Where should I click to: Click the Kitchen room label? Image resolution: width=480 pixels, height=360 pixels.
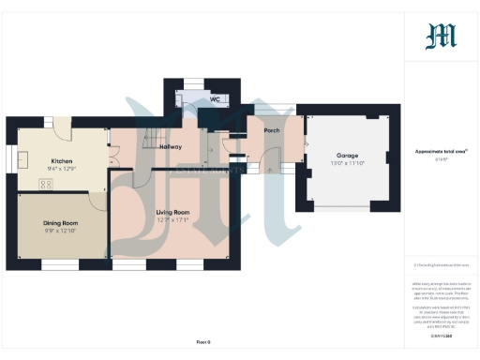coord(63,161)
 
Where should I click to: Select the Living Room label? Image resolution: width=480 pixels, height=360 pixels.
coord(173,213)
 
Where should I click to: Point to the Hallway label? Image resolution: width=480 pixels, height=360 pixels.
coord(171,147)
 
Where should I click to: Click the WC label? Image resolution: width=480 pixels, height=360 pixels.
coord(215,97)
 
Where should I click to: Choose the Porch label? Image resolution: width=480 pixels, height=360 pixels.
coord(272,130)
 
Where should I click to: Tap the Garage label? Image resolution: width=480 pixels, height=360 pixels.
coord(348,156)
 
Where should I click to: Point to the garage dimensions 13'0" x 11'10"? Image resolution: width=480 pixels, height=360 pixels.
coord(348,164)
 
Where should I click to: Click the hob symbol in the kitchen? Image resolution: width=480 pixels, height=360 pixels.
coord(45,184)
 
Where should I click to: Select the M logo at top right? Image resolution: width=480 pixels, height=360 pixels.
coord(441,36)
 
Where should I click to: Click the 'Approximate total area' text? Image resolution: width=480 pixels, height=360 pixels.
coord(441,151)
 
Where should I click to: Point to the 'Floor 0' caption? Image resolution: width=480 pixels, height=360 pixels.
coord(203,341)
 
